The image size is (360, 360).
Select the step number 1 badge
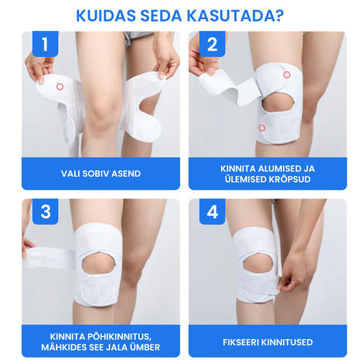45,44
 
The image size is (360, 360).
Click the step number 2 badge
212,44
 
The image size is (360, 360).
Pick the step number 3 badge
45,211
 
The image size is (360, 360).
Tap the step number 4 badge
212,211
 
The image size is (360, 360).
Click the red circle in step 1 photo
59,86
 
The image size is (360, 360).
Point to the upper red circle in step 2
287,74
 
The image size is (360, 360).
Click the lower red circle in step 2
262,128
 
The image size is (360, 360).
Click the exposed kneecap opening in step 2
278,102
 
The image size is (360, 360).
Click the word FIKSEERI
240,342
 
